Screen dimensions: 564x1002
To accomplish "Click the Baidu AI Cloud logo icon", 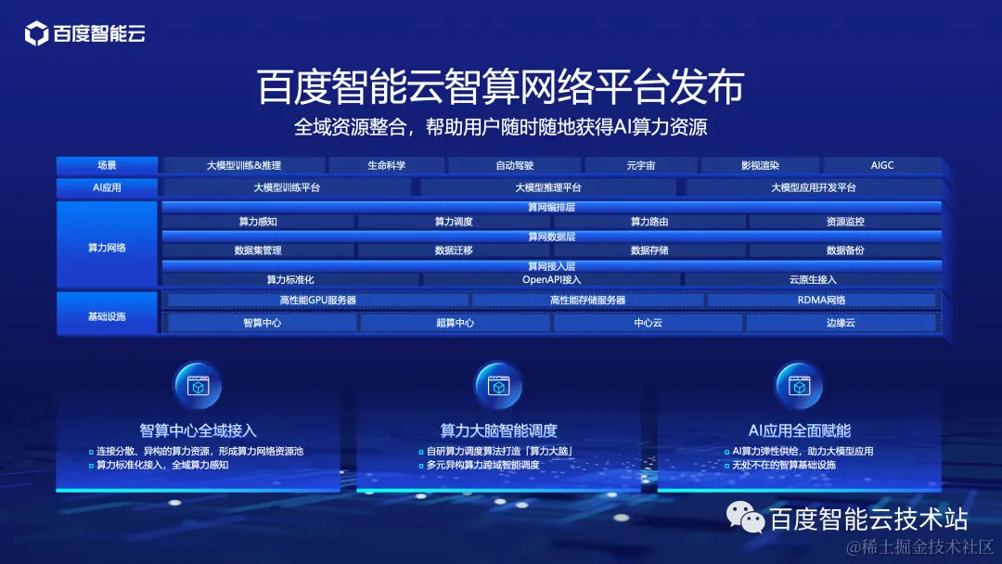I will point(36,35).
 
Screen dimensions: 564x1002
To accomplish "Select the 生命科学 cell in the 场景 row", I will point(386,166).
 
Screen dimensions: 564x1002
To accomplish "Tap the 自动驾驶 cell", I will point(515,166).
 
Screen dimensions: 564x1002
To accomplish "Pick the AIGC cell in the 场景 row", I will point(882,166).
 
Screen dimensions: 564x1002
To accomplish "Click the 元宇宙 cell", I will point(640,166).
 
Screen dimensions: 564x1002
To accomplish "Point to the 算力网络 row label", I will point(107,248).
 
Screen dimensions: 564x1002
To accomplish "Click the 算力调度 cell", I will point(454,222).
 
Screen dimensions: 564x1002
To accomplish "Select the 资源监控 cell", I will point(845,222).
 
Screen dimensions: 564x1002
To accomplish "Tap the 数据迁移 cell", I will point(454,250).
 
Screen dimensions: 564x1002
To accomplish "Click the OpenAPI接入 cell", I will point(552,279).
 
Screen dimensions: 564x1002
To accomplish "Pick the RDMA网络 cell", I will point(821,301).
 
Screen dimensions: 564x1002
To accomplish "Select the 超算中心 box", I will point(455,323).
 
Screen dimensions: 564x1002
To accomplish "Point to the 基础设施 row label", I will point(107,316).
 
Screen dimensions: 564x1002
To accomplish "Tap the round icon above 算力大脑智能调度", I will point(498,385).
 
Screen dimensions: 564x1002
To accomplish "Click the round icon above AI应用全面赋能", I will point(799,385).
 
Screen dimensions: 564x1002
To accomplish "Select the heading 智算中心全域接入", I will point(198,430).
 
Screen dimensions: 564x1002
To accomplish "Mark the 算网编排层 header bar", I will point(552,208).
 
